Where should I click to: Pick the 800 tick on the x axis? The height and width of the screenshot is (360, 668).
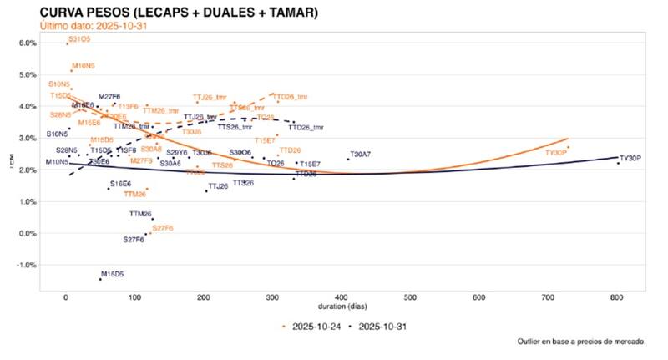[617, 297]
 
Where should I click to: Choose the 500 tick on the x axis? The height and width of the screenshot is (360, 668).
[410, 297]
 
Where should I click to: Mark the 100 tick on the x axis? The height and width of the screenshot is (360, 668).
[134, 297]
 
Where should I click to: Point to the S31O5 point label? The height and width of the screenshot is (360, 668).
[80, 39]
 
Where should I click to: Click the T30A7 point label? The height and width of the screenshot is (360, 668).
[361, 154]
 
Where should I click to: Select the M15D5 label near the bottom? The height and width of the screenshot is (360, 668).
[112, 273]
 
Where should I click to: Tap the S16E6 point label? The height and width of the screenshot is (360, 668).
[120, 183]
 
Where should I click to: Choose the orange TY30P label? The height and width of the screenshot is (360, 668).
[556, 153]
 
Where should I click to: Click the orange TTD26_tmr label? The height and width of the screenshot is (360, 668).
[291, 97]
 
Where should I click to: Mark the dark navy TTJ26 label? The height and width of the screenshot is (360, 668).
[217, 186]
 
